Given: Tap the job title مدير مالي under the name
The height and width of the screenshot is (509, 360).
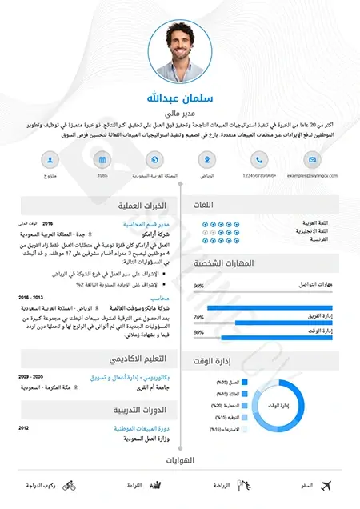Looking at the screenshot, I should tap(180, 114).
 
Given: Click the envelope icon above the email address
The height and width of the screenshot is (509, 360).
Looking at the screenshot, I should tap(308, 158).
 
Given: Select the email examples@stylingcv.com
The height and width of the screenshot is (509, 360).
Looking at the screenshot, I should tap(308, 174).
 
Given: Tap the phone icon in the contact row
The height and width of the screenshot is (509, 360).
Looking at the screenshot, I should tap(258, 158).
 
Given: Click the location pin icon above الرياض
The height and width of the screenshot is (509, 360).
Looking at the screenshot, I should tap(206, 158).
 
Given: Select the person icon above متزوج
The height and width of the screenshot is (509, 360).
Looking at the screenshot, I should tap(50, 158).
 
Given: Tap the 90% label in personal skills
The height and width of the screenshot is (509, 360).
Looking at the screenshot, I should tap(198, 285).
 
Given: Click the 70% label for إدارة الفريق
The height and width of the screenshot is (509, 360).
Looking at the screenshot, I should tap(198, 317).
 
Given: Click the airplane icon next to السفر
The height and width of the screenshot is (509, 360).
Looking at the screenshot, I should tap(326, 486).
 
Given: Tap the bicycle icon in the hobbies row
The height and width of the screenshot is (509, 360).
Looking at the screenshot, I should tap(69, 486).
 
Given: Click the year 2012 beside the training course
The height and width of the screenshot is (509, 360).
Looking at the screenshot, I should tap(24, 428).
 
